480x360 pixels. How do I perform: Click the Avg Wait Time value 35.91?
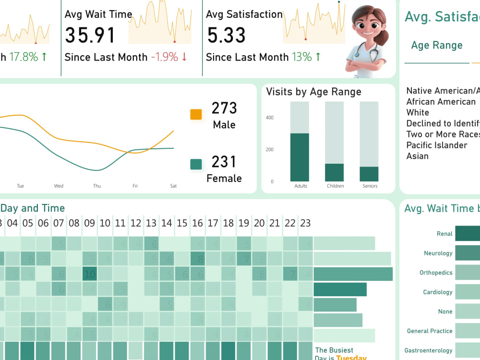90,36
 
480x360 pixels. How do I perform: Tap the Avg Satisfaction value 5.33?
226,36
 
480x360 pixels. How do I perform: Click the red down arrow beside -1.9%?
184,57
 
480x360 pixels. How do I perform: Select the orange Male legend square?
196,114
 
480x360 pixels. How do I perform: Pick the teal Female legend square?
196,165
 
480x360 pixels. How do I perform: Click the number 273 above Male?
224,108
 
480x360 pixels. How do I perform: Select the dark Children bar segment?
335,172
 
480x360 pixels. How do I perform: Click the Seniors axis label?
370,186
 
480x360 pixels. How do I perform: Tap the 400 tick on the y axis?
270,118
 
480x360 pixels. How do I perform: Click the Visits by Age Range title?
313,92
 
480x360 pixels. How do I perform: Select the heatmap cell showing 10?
90,275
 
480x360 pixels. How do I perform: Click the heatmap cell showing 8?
197,259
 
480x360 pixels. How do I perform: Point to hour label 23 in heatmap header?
305,223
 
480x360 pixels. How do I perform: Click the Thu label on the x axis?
97,186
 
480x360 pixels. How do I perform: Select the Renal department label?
444,234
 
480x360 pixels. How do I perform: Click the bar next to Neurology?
467,253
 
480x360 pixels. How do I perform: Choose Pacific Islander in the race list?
436,145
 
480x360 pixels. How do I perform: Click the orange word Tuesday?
351,358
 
